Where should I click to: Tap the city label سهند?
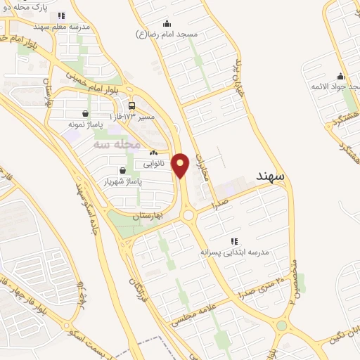click(x=271, y=176)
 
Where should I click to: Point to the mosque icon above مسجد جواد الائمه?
click(x=340, y=77)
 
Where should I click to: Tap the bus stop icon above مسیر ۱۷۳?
click(x=133, y=105)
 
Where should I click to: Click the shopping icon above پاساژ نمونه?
click(x=85, y=113)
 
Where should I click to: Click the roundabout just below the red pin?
click(x=187, y=214)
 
